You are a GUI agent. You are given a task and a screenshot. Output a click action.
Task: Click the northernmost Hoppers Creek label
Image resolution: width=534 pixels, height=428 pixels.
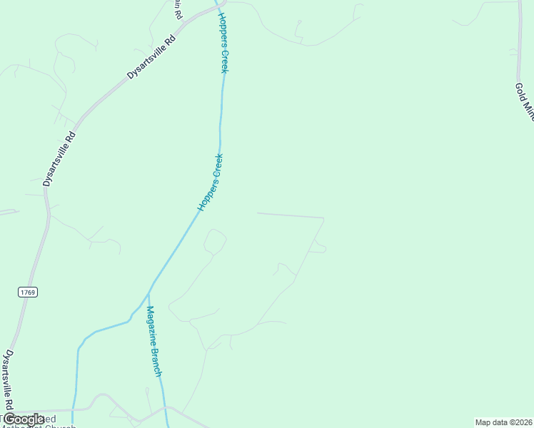(223, 41)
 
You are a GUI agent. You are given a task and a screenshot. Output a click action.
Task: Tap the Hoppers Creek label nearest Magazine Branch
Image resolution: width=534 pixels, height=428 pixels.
(211, 182)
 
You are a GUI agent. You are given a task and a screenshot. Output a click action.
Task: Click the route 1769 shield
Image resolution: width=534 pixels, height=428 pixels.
(28, 292)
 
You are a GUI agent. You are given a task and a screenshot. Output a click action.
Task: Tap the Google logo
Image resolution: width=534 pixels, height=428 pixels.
(24, 419)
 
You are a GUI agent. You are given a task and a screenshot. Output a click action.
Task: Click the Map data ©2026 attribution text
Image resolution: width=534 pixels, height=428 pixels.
(503, 422)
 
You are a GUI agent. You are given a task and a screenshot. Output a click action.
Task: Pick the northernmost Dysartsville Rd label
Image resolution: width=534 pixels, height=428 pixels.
(151, 54)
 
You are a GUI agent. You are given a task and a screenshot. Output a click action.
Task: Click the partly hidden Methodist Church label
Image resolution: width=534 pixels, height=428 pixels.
(43, 424)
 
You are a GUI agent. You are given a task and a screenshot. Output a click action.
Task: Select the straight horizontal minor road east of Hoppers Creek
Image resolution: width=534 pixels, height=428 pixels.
(290, 215)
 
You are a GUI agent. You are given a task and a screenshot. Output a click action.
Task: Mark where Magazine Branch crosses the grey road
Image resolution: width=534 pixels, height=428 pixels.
(166, 408)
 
